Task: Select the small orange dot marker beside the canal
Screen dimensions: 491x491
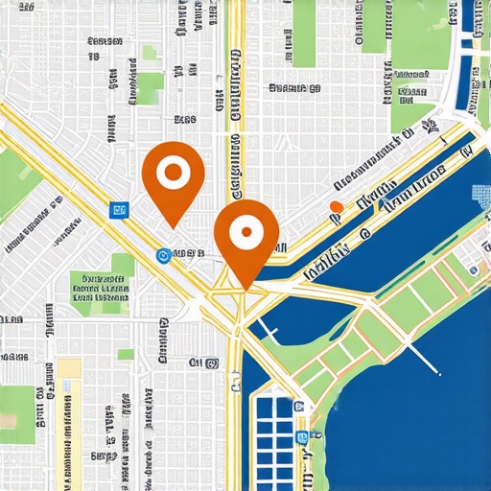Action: click(x=336, y=206)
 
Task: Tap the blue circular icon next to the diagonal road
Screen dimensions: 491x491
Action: click(x=162, y=255)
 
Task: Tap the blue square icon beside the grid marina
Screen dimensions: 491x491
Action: click(x=302, y=436)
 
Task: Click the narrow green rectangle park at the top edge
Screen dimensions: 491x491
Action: click(x=304, y=34)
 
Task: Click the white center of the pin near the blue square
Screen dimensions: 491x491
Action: click(x=174, y=174)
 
